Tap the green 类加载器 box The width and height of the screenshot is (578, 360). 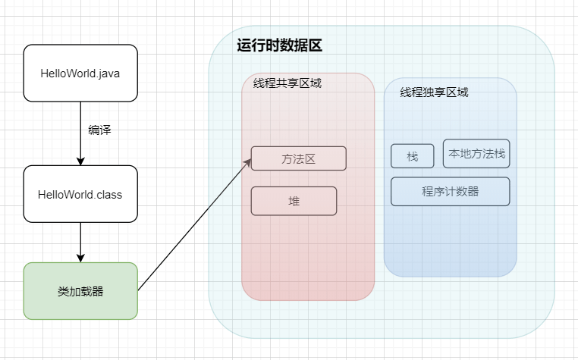coord(80,290)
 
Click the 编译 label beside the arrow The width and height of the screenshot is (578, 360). coord(99,130)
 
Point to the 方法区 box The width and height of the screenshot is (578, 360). coord(298,158)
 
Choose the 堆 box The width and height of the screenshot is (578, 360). coord(294,201)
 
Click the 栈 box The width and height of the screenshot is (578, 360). coord(413,156)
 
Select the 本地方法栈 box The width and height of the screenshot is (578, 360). coord(476,154)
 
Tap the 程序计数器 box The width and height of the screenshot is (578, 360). coord(450,191)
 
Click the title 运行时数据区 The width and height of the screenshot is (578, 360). coord(280,45)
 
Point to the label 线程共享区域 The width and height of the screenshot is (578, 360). coord(287,83)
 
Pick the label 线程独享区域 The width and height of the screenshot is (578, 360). coord(434,92)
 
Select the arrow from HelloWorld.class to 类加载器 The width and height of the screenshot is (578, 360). coord(80,241)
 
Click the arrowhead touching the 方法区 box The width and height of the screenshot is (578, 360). coord(248,162)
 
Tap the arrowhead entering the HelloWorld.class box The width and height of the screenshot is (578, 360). coord(80,161)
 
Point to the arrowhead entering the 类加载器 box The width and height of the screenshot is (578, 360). coord(80,258)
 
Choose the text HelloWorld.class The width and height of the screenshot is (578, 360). coord(80,195)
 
